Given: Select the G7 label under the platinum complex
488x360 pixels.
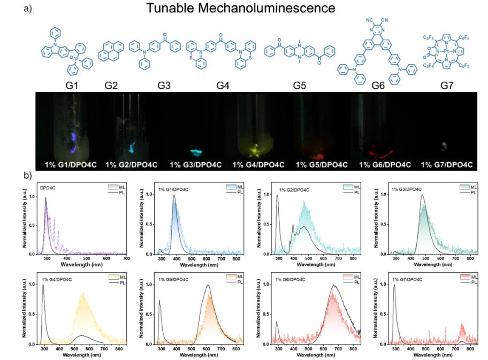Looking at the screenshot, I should click(x=442, y=85).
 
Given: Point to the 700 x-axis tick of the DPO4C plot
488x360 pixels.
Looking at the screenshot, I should click(x=125, y=258).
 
